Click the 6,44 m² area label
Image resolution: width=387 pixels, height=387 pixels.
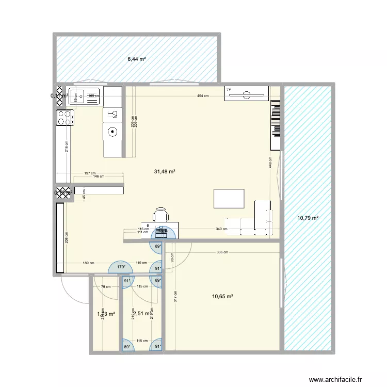tap(137, 59)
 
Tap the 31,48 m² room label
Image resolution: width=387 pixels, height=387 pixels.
tap(165, 172)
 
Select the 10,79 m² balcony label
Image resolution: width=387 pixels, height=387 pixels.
tap(308, 218)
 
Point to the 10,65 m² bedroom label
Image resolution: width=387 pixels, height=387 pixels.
tap(222, 297)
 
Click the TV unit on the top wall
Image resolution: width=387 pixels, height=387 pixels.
tap(247, 93)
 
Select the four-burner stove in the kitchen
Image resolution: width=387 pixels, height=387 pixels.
tap(64, 118)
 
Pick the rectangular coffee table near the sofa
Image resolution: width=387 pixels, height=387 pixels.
tap(229, 199)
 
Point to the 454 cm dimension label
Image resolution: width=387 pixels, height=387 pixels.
tap(202, 96)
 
